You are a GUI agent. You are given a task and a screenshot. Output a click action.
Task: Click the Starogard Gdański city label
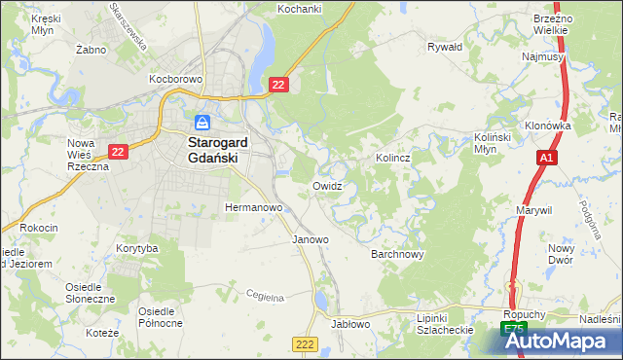[x=222, y=144]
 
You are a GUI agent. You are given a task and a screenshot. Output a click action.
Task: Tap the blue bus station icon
[x=202, y=123]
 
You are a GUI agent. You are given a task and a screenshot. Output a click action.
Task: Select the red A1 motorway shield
[x=547, y=158]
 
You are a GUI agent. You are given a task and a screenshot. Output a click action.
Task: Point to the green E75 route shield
[x=513, y=332]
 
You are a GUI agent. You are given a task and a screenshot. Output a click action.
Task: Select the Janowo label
[x=311, y=238]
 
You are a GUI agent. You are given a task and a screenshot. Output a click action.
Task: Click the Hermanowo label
[x=253, y=207]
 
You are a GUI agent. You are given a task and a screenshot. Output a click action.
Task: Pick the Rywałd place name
[x=445, y=46]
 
